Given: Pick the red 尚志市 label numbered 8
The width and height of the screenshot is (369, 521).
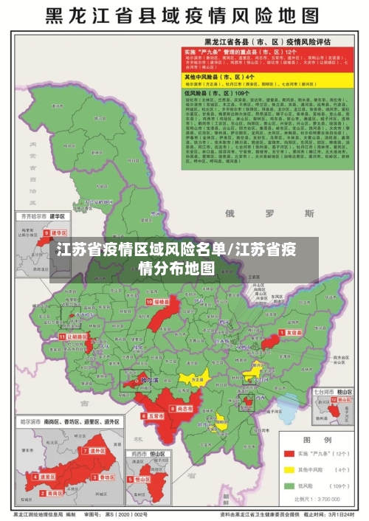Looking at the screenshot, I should (x=182, y=407).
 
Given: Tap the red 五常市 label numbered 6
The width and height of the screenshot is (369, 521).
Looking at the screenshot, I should (x=153, y=415).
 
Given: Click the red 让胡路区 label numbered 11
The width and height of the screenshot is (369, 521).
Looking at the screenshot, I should (x=76, y=336).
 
